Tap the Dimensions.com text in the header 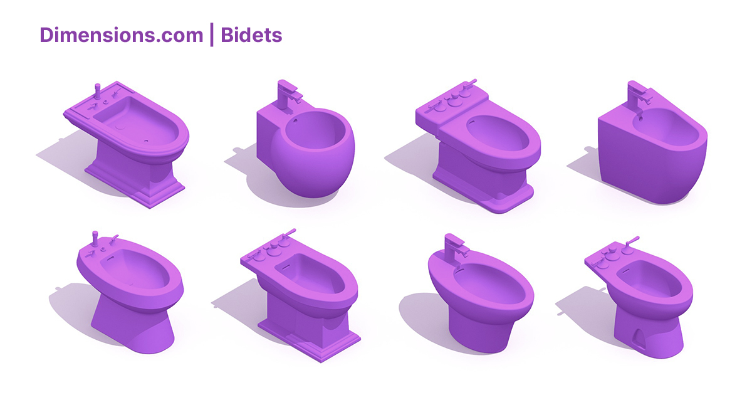point(121,35)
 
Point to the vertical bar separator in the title point(212,35)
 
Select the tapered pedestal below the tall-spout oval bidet point(132,326)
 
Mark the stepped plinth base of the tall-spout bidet point(135,185)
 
